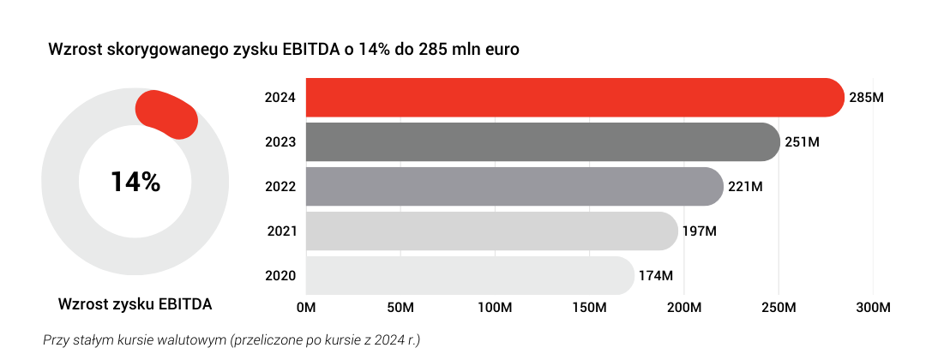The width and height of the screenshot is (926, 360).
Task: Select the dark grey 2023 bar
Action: [542, 142]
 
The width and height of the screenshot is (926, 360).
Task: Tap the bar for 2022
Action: [514, 187]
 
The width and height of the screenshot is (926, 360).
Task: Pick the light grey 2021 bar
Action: [491, 231]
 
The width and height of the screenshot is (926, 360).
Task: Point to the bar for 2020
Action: [470, 276]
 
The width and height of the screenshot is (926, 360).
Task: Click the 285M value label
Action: [866, 98]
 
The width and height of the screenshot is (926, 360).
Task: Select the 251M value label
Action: [803, 142]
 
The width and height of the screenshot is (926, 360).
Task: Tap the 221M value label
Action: [745, 187]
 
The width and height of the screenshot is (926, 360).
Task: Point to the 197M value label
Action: [700, 231]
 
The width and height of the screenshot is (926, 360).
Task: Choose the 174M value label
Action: [656, 276]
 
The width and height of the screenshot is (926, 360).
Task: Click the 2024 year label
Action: [281, 98]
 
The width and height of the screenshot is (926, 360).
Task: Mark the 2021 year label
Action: [281, 231]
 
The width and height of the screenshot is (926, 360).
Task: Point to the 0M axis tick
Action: [306, 308]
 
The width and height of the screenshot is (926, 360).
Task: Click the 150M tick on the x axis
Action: [590, 308]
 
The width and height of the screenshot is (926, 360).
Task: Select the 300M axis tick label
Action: [874, 308]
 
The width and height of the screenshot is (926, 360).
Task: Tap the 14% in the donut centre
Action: [135, 182]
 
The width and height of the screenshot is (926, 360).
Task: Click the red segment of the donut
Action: [167, 114]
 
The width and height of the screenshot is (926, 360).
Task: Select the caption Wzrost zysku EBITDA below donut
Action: [135, 304]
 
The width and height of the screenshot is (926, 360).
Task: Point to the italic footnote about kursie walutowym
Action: [231, 339]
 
